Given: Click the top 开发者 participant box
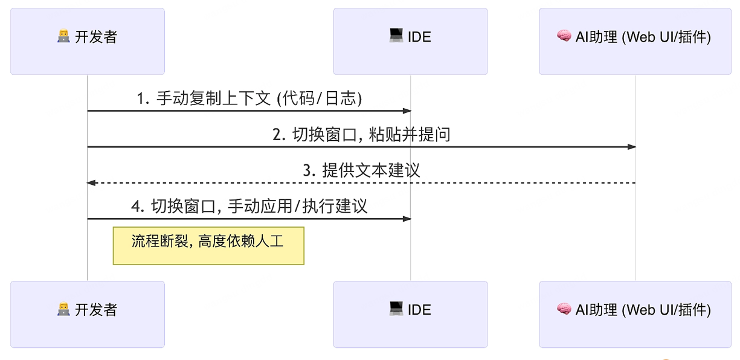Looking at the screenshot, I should [x=87, y=41].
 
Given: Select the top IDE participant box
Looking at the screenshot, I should [x=410, y=41].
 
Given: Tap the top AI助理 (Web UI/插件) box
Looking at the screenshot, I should [x=635, y=41].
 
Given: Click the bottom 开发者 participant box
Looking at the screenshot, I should [x=87, y=314].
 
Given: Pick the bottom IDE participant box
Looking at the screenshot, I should [x=410, y=314].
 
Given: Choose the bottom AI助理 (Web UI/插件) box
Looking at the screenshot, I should [x=635, y=314].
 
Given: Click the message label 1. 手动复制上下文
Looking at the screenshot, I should [x=249, y=98].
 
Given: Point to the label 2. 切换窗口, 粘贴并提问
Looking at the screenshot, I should [x=361, y=134].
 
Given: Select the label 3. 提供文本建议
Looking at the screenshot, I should [x=361, y=170].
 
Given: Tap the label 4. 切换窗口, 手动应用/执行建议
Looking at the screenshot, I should [x=249, y=207].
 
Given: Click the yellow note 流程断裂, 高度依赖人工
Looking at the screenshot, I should [x=208, y=245].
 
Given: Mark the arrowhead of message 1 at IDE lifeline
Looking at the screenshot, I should [x=407, y=111].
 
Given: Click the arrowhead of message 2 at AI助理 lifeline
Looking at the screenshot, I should [x=632, y=147].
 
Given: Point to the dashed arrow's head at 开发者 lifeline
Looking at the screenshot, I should [x=91, y=182].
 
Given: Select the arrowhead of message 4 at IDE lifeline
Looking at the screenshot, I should [x=407, y=219].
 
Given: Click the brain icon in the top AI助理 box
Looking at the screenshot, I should [x=564, y=37].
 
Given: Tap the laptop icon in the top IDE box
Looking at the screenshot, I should [x=396, y=36].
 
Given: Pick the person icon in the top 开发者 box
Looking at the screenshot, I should [x=63, y=37].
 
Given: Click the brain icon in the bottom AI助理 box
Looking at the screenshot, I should [x=564, y=310].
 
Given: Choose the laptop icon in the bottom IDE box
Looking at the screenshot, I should [x=396, y=309].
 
